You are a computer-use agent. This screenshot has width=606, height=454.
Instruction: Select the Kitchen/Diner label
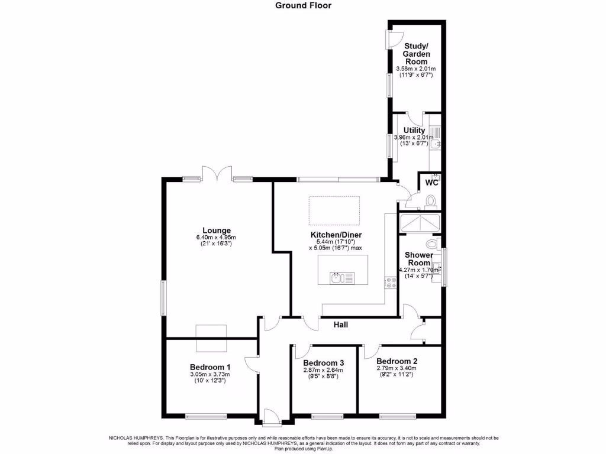336,235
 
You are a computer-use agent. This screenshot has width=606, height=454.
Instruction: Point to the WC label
432,183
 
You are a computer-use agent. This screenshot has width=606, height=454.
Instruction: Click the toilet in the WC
430,202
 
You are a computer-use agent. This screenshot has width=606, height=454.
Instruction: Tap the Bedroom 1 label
209,367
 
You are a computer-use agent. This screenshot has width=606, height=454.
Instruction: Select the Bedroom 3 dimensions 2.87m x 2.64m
323,371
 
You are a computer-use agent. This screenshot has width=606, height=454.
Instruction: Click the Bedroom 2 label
397,361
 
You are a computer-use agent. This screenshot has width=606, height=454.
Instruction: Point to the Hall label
340,325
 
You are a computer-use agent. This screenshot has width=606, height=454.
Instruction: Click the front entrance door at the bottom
272,417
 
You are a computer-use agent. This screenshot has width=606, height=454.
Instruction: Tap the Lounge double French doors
217,174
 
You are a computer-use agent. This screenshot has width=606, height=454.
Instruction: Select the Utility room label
414,130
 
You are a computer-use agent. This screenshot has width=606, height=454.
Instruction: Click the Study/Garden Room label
417,53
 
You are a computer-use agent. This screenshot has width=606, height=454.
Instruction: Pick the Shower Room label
418,259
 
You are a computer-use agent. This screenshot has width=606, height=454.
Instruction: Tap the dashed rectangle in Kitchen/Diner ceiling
334,210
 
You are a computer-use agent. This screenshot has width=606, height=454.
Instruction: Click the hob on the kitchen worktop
391,283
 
